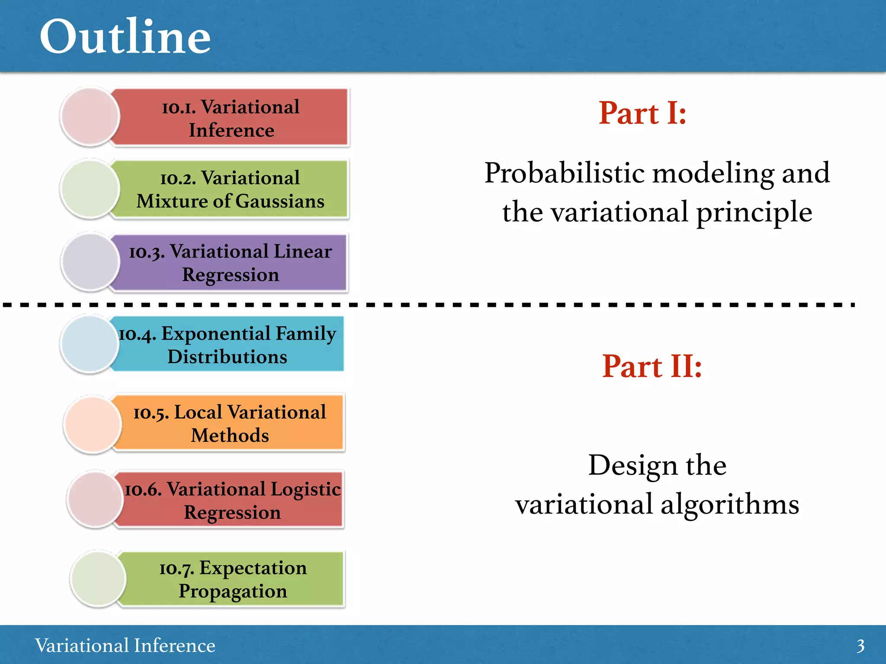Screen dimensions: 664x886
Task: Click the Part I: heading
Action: click(x=642, y=113)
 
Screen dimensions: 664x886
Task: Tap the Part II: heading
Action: click(x=652, y=367)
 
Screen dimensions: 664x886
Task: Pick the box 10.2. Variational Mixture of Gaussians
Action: click(x=231, y=189)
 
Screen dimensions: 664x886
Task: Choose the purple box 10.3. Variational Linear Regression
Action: click(x=231, y=263)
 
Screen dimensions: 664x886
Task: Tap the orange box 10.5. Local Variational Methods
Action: click(x=230, y=423)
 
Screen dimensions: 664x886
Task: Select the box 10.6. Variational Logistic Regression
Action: click(x=232, y=500)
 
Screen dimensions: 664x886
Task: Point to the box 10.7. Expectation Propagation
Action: click(x=233, y=579)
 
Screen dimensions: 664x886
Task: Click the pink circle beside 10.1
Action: click(x=90, y=116)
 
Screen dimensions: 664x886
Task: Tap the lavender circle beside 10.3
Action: click(x=90, y=262)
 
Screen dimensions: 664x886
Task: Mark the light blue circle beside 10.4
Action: click(x=90, y=344)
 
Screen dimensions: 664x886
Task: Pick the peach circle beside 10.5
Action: click(x=92, y=424)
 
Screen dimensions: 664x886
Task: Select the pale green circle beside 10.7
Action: click(x=98, y=578)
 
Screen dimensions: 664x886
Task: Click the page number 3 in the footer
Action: click(x=860, y=646)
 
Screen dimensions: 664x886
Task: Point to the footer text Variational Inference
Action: click(x=125, y=645)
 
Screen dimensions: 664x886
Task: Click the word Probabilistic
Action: click(x=565, y=173)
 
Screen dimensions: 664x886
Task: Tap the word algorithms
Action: click(x=730, y=504)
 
